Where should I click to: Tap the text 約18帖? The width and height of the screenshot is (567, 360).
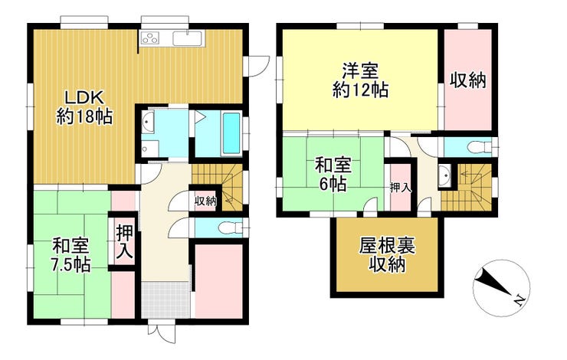coord(84,117)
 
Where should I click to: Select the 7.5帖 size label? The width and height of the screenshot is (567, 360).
coord(71,265)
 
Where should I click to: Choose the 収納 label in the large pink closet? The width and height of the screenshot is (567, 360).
coord(468,79)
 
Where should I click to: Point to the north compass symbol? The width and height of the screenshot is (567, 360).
coord(500,285)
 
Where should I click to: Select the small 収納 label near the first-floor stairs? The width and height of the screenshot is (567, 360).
coord(205,201)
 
